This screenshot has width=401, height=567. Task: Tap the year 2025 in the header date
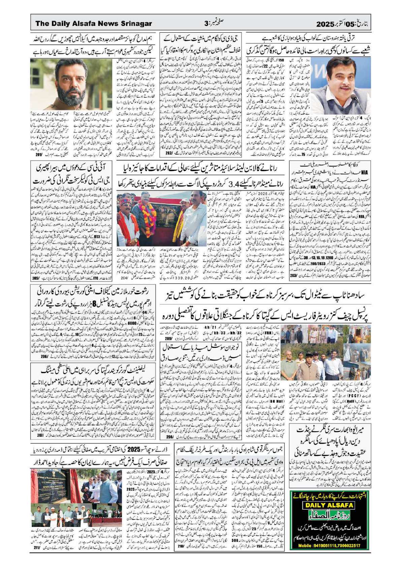(325, 24)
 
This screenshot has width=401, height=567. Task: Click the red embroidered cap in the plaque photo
(126, 201)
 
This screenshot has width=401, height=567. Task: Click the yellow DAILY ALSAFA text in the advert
(329, 505)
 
